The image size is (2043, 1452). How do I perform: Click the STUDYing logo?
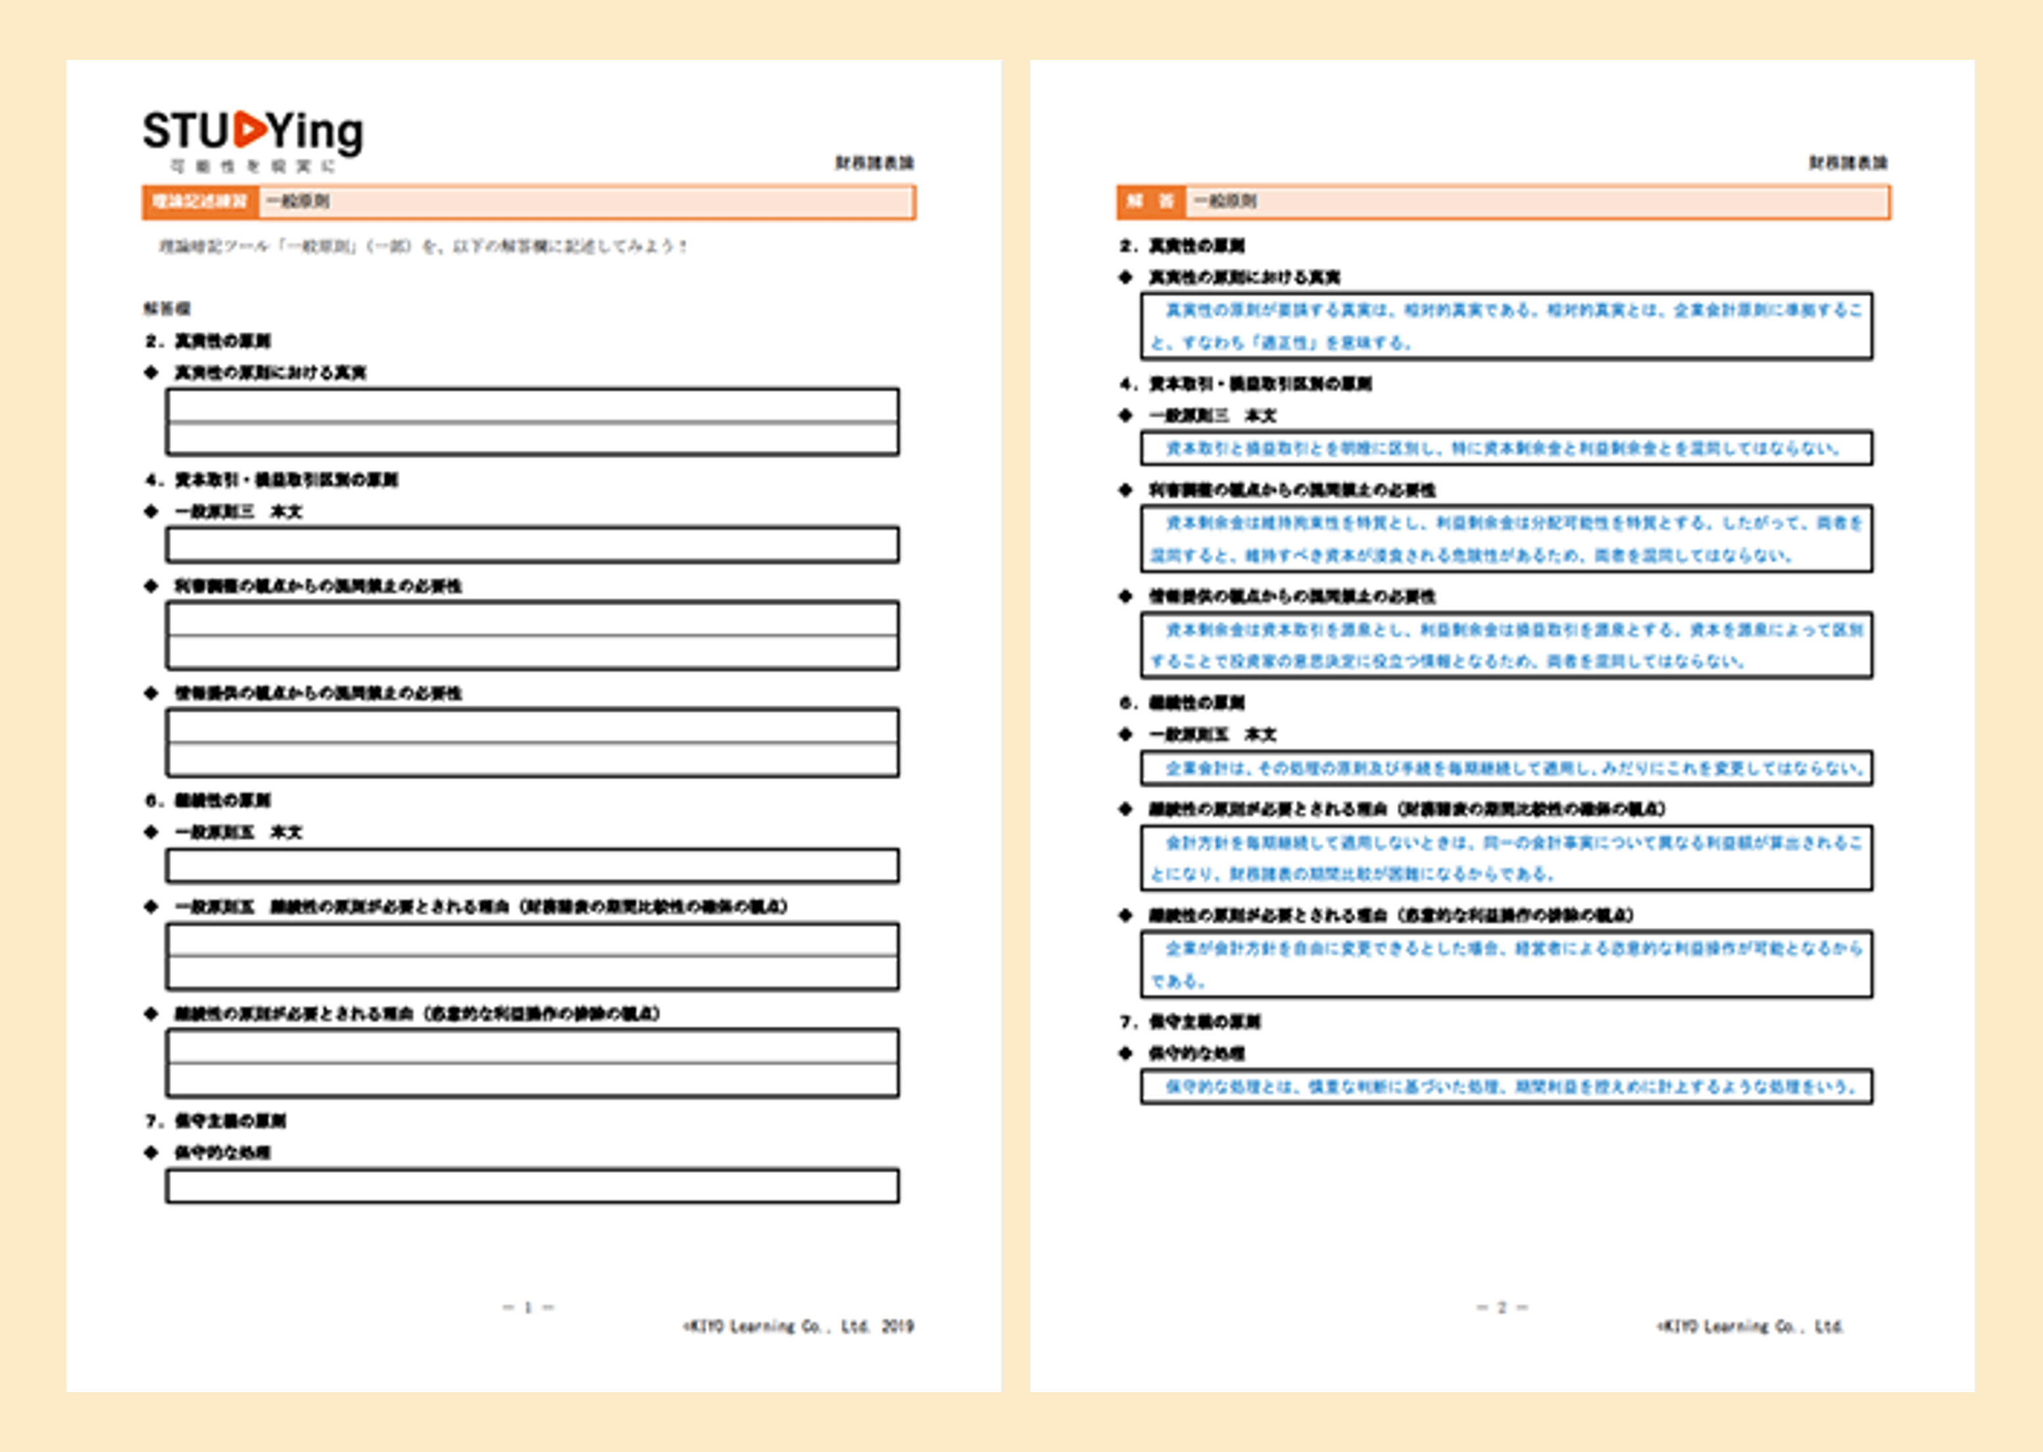point(253,132)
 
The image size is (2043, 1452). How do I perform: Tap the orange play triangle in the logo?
point(251,129)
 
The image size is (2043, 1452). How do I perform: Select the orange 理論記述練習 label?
point(199,201)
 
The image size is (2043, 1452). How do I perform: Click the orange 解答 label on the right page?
point(1150,201)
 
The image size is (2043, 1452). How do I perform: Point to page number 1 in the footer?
point(528,1307)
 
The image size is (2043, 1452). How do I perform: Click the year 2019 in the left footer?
point(897,1326)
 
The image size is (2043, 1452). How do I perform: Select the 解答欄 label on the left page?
point(166,308)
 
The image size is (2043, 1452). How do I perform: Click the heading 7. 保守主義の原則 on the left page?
point(216,1120)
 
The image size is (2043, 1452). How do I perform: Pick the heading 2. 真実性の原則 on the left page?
point(209,340)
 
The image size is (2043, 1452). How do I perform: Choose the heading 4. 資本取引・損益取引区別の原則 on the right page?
point(1245,384)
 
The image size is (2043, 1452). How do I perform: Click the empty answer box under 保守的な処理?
point(532,1186)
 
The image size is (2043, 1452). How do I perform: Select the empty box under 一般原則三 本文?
point(532,544)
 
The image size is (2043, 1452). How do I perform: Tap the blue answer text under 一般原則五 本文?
point(1513,768)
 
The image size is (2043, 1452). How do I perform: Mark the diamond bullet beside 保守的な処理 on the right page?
point(1125,1052)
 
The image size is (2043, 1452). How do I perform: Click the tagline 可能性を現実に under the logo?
point(253,166)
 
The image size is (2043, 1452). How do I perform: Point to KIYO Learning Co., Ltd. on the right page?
point(1750,1326)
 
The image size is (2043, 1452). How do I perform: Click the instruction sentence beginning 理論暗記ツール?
point(423,246)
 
